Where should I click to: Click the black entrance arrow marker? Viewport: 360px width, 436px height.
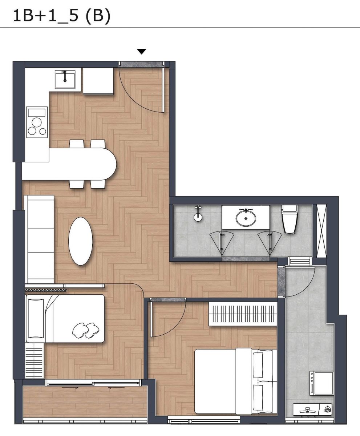(142, 51)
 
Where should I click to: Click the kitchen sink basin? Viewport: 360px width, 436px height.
(65, 79)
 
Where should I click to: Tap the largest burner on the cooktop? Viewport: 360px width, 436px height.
(37, 122)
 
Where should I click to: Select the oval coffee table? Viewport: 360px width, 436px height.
(80, 241)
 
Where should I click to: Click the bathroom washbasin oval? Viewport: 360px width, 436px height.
(246, 218)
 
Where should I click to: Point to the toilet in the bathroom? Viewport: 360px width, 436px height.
(290, 219)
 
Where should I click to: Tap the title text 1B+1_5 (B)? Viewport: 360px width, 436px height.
(62, 16)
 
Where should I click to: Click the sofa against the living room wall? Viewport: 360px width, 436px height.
(40, 239)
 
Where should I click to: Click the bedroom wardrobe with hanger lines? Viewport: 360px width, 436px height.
(243, 314)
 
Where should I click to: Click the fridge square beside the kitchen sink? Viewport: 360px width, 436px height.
(98, 81)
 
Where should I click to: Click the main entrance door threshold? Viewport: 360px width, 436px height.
(142, 65)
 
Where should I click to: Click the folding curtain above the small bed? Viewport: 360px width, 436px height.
(46, 290)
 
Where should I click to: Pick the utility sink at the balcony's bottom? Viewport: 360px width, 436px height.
(313, 409)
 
